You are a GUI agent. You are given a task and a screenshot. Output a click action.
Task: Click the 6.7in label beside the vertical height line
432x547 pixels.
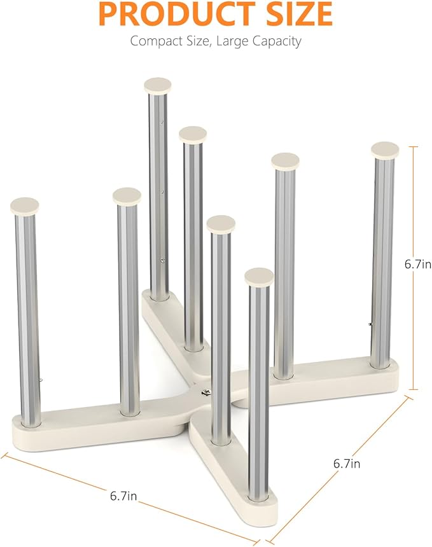coord(418,264)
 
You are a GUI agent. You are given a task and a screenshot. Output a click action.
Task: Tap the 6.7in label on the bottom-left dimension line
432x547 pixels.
coord(123,495)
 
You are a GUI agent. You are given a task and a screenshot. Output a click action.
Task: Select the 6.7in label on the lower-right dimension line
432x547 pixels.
coord(347,464)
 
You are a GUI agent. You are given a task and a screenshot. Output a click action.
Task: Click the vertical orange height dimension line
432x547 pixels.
coord(414,268)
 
